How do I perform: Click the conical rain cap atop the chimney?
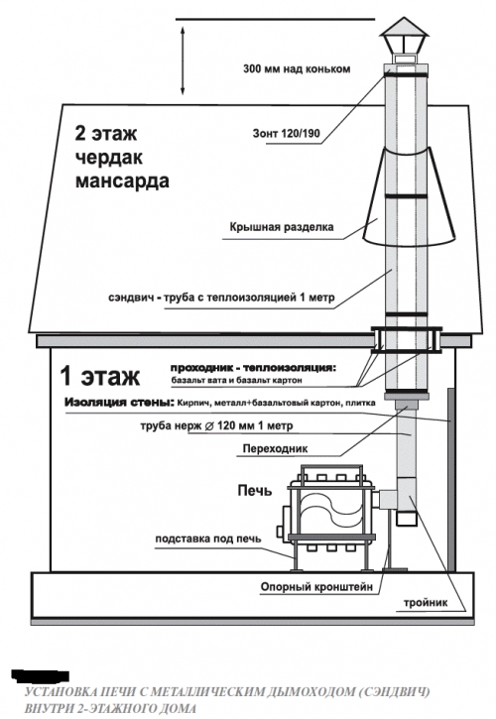click(x=404, y=28)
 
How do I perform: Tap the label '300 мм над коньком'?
click(x=297, y=69)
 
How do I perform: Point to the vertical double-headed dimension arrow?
click(x=183, y=60)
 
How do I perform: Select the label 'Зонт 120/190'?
click(x=287, y=134)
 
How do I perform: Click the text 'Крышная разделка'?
click(x=282, y=227)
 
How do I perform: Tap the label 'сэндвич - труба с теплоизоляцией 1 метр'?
click(x=221, y=298)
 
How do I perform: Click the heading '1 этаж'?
click(x=100, y=377)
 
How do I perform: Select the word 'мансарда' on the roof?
click(x=122, y=180)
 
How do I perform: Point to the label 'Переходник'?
click(x=276, y=448)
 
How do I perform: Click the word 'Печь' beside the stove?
click(x=255, y=491)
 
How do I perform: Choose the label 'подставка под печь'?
click(x=208, y=539)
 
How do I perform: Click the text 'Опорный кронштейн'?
click(x=316, y=586)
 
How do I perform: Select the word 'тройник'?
click(x=426, y=603)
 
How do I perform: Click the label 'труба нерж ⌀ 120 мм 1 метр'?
click(x=216, y=425)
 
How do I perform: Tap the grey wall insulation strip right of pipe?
click(x=451, y=480)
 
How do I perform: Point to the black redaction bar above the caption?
click(x=41, y=676)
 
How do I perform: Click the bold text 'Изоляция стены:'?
click(x=120, y=403)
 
